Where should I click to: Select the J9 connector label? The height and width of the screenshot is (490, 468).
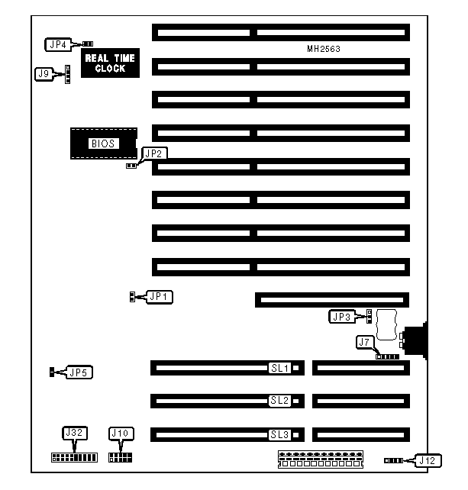(44, 74)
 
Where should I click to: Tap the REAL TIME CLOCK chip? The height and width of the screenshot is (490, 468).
(110, 63)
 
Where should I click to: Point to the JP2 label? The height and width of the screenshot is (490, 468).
(153, 153)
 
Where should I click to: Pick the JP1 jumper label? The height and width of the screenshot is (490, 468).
(160, 296)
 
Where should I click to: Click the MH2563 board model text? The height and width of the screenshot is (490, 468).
(324, 49)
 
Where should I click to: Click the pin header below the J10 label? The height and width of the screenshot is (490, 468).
(121, 457)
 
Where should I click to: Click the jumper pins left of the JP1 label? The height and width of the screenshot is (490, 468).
(133, 296)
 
